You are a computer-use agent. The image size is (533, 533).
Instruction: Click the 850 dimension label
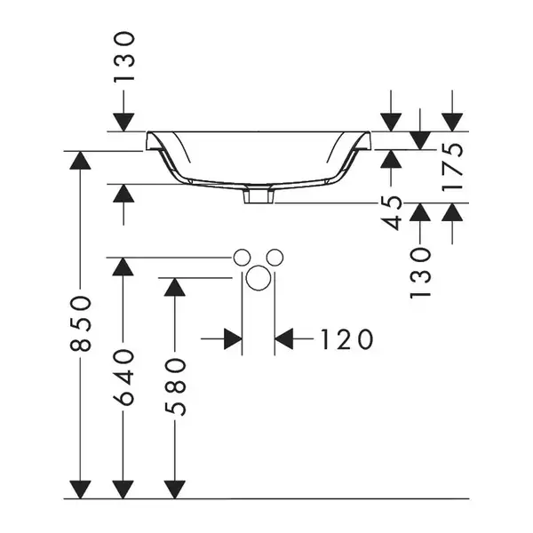point(81,323)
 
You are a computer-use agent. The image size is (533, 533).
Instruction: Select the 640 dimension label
point(123,378)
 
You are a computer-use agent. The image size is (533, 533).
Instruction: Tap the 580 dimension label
point(175,386)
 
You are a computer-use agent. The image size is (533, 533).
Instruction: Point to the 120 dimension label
point(346,339)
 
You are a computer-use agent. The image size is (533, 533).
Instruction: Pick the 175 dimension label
point(452,167)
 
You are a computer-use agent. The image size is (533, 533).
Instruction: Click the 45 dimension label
point(391,213)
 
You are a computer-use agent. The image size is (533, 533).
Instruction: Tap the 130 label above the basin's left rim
point(123,57)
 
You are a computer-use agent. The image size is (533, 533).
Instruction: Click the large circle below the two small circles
point(259,278)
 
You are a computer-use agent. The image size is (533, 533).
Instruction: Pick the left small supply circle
point(242,258)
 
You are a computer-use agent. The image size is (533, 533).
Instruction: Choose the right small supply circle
point(274,258)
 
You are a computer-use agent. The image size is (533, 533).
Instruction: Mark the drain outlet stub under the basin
point(259,196)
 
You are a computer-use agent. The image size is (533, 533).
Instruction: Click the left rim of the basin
point(154,141)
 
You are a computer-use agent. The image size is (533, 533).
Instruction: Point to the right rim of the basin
point(363,141)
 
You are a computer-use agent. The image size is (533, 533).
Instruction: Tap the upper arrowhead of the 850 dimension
point(80,160)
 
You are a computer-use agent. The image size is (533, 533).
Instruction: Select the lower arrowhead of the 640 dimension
point(123,489)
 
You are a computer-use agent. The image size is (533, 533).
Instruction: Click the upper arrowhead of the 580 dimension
point(175,287)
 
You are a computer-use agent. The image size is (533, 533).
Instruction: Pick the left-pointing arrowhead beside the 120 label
point(284,339)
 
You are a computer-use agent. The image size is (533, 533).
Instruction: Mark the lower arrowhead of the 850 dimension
point(80,489)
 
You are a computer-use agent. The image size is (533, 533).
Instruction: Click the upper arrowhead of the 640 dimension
point(123,266)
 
